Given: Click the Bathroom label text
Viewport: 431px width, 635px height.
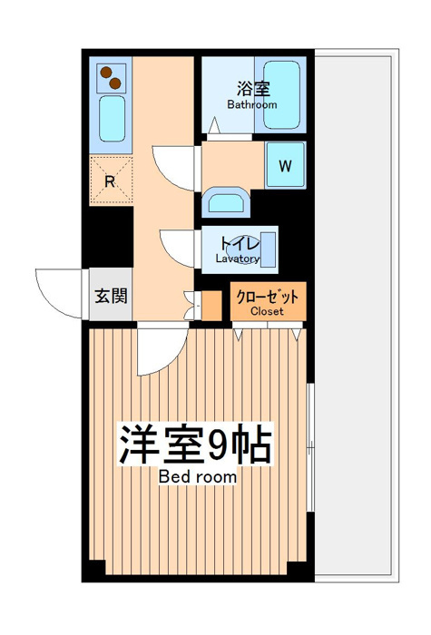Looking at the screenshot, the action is (x=252, y=104).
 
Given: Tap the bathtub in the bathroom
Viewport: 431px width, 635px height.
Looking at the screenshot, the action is (x=281, y=94).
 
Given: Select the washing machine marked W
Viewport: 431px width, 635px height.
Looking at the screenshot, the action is (x=285, y=165).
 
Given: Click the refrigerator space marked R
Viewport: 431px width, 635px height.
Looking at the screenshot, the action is (x=111, y=181).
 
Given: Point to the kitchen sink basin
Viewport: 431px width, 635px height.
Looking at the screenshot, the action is (x=112, y=118).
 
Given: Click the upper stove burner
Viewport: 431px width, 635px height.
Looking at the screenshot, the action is (x=106, y=73).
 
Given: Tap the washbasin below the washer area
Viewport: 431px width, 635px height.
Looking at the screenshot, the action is (x=226, y=201).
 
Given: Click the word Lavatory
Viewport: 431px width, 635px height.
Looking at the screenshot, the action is (x=238, y=259).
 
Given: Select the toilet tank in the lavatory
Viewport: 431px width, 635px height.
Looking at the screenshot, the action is (x=268, y=249).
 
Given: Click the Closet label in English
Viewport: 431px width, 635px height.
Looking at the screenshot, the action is (x=267, y=311).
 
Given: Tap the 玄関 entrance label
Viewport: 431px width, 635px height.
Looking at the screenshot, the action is (x=111, y=296).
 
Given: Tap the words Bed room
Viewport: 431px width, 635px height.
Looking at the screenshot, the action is (x=198, y=476).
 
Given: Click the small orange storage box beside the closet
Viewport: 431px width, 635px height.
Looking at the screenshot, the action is (x=211, y=306).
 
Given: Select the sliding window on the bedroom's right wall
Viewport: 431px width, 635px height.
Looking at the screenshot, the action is (x=310, y=447).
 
